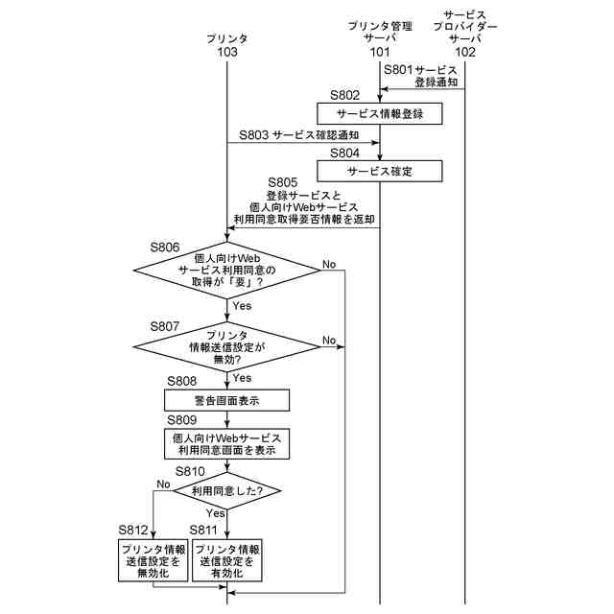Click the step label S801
pyautogui.click(x=398, y=70)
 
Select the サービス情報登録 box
pyautogui.click(x=380, y=113)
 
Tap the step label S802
pyautogui.click(x=345, y=95)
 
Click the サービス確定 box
pyautogui.click(x=380, y=171)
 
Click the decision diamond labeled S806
pyautogui.click(x=227, y=272)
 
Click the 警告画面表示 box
pyautogui.click(x=226, y=400)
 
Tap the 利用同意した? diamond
pyautogui.click(x=227, y=490)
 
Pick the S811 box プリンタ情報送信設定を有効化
pyautogui.click(x=228, y=560)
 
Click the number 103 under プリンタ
pyautogui.click(x=227, y=53)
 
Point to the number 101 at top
pyautogui.click(x=380, y=53)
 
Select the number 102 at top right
pyautogui.click(x=465, y=53)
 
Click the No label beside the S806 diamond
pyautogui.click(x=329, y=264)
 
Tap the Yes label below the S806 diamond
pyautogui.click(x=242, y=306)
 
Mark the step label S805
pyautogui.click(x=283, y=182)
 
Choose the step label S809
pyautogui.click(x=181, y=420)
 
